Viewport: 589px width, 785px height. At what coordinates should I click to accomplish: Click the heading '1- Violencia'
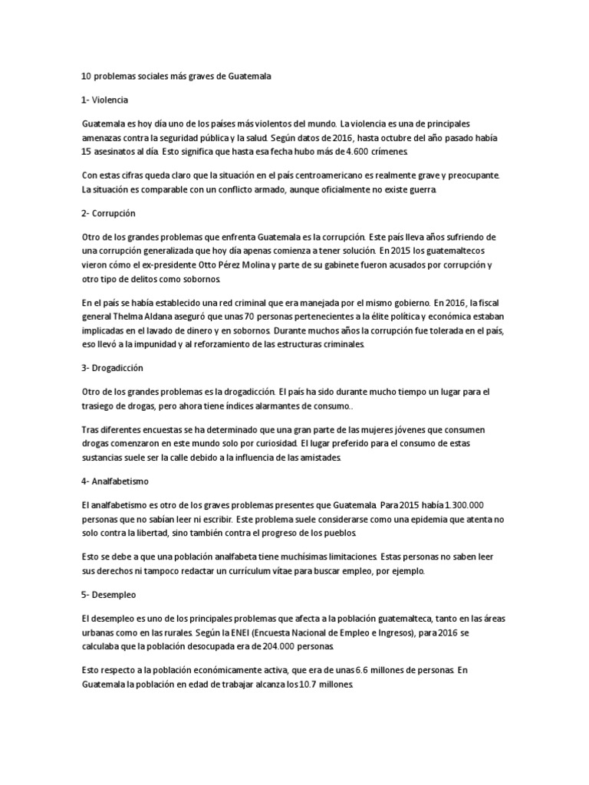(105, 100)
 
